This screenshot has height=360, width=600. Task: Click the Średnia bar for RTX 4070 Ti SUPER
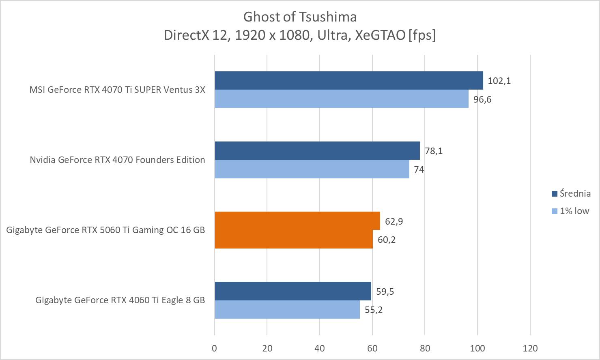click(349, 80)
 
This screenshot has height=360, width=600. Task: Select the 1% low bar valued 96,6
click(342, 99)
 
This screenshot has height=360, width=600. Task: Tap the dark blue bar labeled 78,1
click(317, 150)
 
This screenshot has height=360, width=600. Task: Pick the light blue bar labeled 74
click(312, 169)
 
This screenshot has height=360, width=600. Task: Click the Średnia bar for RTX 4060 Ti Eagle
click(293, 291)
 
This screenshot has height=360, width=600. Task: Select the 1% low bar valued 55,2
click(287, 309)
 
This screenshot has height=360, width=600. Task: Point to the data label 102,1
click(499, 81)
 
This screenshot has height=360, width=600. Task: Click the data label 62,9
click(394, 221)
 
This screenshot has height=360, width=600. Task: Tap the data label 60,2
click(387, 240)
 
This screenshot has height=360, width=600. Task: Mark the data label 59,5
click(385, 291)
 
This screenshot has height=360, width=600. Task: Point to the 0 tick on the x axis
click(215, 348)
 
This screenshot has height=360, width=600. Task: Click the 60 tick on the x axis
click(372, 348)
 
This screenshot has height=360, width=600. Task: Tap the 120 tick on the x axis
click(530, 348)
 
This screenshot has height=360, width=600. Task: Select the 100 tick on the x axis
click(477, 348)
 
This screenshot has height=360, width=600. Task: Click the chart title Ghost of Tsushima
click(300, 17)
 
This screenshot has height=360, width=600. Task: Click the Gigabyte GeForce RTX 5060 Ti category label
click(105, 230)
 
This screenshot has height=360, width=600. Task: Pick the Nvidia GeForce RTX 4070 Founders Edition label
click(117, 160)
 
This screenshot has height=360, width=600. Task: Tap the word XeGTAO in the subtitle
click(380, 35)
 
